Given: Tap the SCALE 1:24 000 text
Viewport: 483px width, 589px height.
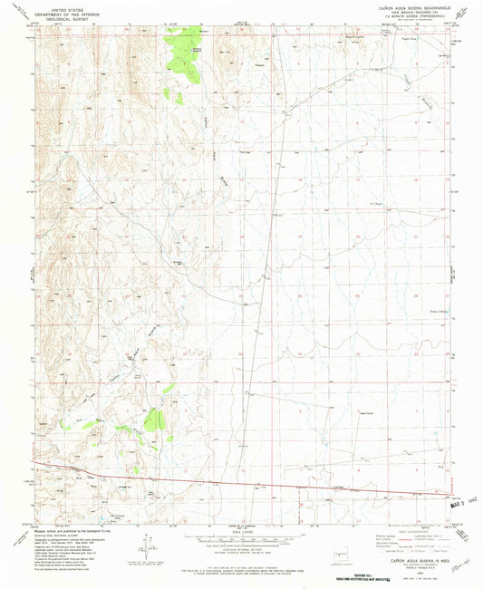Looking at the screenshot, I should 240,530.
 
